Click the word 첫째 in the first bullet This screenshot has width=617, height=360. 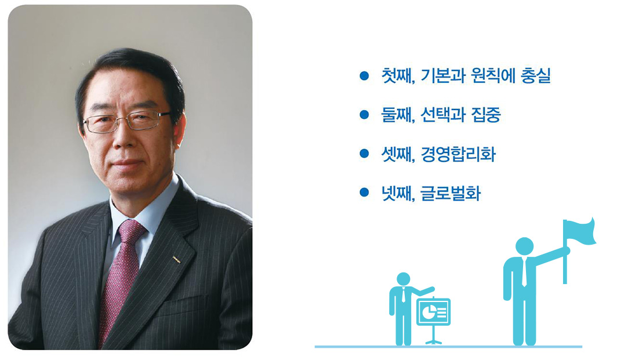(397, 75)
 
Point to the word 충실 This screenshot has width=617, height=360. (536, 75)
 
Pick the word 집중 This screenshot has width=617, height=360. (486, 115)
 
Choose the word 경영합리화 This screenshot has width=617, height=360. (458, 154)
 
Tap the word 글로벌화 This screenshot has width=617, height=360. (451, 193)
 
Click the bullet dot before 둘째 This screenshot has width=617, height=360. (364, 114)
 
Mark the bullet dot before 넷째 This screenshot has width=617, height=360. (364, 192)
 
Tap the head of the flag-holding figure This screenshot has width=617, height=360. (525, 246)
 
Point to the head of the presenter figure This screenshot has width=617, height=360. (404, 279)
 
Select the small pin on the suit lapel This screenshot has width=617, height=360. (177, 259)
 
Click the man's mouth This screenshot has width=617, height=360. (126, 162)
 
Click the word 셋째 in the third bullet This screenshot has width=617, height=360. (397, 154)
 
